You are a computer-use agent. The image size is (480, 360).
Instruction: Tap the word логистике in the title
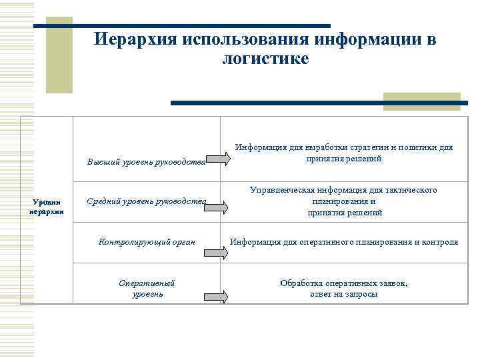[265, 59]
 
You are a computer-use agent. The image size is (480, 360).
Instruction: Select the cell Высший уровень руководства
[147, 161]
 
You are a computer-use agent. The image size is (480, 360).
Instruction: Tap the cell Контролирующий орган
[147, 241]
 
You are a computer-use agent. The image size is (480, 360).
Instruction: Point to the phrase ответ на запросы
[343, 294]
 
